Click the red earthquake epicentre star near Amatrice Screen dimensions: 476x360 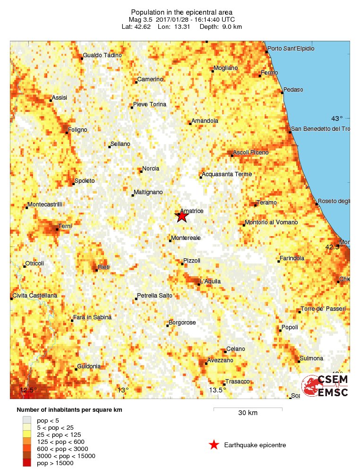pos(182,217)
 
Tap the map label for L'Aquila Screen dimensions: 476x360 pos(210,281)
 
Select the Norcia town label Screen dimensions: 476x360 pos(151,169)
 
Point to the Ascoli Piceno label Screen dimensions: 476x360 pos(251,152)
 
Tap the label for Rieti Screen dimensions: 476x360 pos(103,267)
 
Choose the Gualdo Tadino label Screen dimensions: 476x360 pos(102,55)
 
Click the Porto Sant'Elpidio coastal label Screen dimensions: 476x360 pos(291,49)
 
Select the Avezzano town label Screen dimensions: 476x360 pos(220,360)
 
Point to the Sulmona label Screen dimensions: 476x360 pos(311,358)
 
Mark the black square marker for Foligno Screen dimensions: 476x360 pos(67,133)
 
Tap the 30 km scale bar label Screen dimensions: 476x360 pos(248,413)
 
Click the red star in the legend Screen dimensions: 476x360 pos(214,445)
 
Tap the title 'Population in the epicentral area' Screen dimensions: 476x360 pos(182,12)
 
